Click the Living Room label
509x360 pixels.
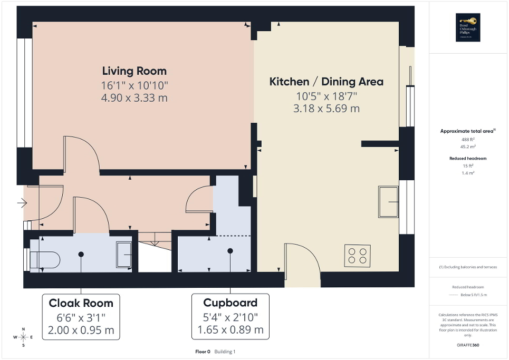134,71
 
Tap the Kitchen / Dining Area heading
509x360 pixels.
326,82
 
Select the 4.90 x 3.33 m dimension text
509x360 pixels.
134,98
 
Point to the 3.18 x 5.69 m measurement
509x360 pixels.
326,109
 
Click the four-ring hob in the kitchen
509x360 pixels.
357,256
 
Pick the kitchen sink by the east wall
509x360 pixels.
389,201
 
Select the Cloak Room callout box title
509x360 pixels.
81,303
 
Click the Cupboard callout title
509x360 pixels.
230,303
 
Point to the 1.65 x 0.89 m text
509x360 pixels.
230,330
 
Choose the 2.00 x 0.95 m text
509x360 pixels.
81,330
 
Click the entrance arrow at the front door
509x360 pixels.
22,202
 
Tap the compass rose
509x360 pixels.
23,337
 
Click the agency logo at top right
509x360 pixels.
467,27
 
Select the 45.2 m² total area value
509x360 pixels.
468,147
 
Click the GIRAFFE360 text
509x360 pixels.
468,345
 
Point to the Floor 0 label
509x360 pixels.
203,352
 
